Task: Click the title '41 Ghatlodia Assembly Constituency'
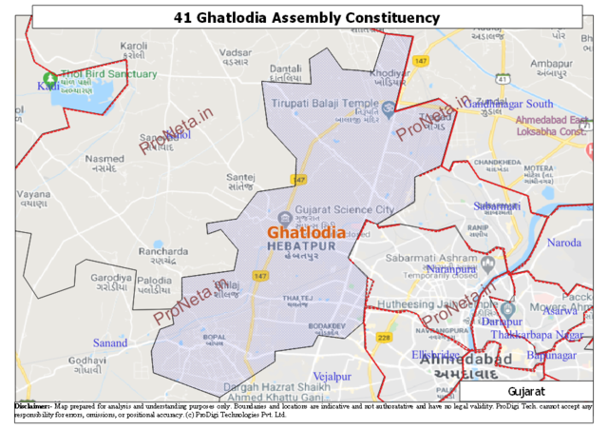(307, 17)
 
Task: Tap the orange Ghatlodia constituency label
(306, 232)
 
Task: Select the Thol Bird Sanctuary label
(106, 74)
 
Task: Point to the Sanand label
(110, 342)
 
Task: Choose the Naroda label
(563, 243)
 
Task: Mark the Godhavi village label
(87, 361)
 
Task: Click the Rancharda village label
(157, 252)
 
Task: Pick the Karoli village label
(134, 46)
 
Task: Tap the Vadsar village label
(235, 52)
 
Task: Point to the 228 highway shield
(384, 338)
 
